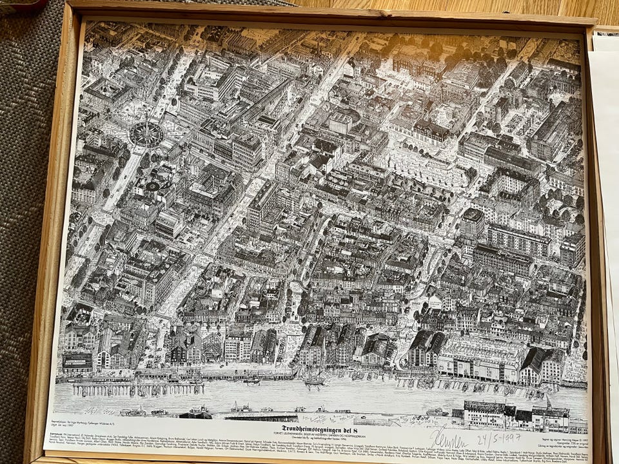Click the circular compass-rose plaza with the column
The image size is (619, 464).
pos(146,133)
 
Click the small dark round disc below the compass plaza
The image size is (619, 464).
pos(153,186)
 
